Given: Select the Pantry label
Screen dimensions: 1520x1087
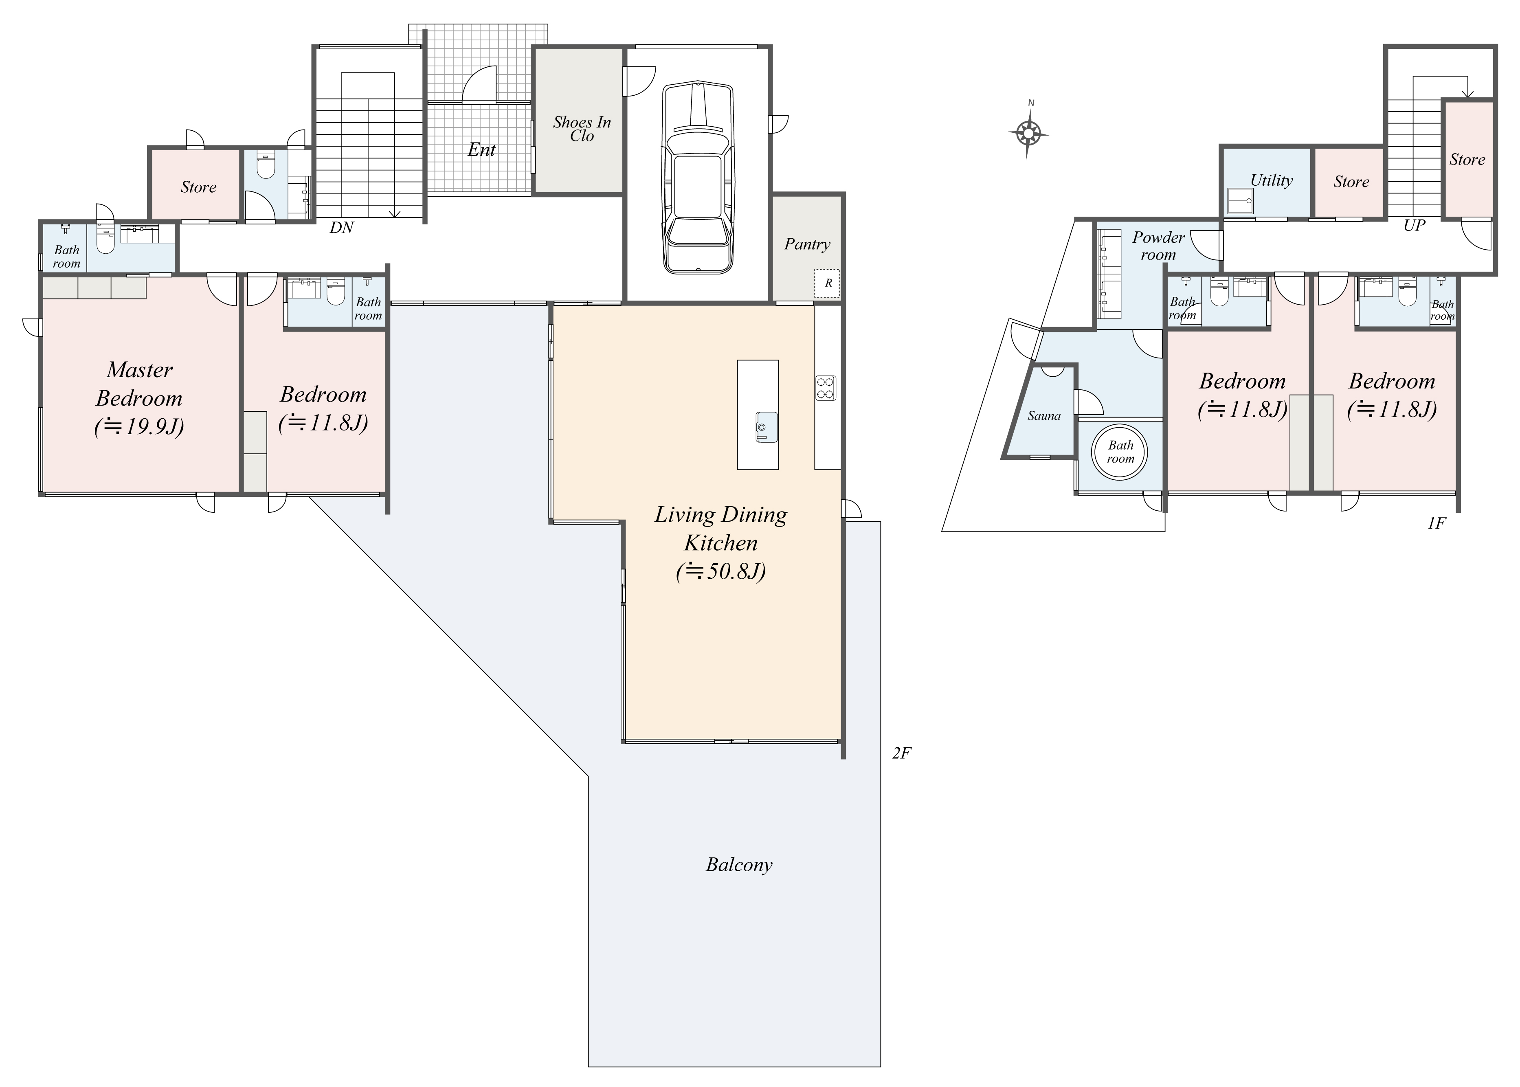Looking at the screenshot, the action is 807,244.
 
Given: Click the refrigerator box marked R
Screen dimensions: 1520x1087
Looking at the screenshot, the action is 827,283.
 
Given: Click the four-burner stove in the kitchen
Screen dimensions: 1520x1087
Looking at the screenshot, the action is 825,388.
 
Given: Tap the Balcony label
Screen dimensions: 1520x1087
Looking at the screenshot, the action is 739,865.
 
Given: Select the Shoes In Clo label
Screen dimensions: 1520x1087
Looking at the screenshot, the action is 582,129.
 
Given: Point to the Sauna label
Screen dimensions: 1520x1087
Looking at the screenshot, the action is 1044,416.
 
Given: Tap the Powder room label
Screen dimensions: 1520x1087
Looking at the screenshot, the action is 1158,246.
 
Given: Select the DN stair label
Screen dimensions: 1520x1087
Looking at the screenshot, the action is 341,228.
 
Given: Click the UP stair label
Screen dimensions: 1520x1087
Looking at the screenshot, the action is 1414,226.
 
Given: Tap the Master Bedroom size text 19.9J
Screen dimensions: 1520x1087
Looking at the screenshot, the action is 139,426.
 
